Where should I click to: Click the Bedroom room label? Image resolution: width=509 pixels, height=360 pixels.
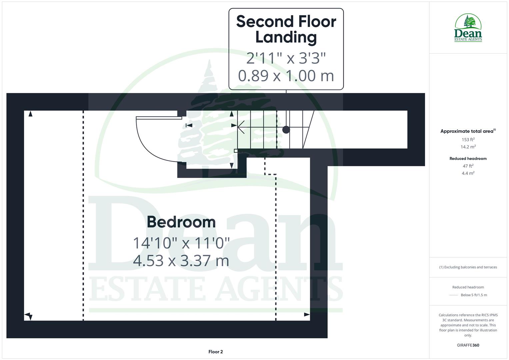coord(181,222)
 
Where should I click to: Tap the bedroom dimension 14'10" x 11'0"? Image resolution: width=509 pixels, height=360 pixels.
coord(181,243)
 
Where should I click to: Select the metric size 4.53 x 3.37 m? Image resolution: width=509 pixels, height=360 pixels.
coord(181,261)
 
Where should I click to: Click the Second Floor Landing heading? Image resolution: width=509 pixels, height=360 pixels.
coord(286,29)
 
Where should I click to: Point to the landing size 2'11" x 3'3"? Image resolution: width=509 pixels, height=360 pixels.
coord(286,58)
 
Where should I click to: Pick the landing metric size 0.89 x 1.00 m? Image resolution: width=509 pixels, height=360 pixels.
coord(286,75)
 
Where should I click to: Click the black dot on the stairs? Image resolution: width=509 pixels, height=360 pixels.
coord(286,130)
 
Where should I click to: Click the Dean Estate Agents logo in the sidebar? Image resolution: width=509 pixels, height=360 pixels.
coord(468,28)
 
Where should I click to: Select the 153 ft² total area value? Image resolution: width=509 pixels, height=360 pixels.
coord(468,140)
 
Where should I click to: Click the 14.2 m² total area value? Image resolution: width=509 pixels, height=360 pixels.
coord(468,147)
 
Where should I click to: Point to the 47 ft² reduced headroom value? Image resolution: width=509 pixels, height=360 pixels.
coord(468,166)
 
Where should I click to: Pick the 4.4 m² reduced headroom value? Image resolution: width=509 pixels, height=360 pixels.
coord(468,173)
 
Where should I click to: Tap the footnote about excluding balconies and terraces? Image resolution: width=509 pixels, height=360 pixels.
coord(468,267)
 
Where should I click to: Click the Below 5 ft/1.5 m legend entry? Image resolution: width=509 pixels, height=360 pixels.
coord(473,295)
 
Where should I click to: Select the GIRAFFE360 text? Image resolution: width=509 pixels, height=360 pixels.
coord(468,345)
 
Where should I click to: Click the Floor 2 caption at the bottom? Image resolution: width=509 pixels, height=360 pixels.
coord(216,352)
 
